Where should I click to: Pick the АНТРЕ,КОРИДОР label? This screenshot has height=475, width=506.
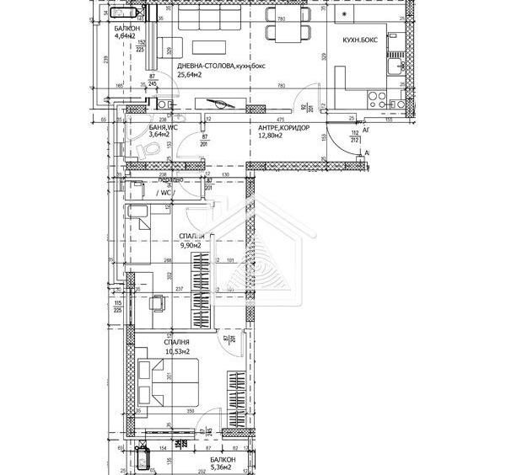(x=283, y=128)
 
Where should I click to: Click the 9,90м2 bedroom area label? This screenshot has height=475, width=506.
(x=191, y=246)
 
